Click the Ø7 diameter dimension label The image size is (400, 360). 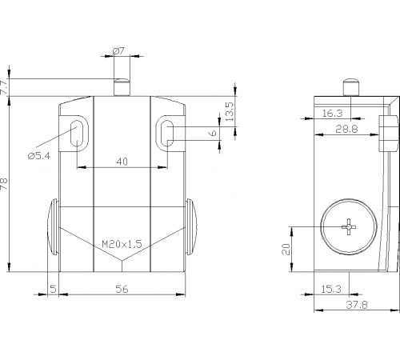[x=118, y=50]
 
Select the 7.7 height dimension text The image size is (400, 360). [x=5, y=86]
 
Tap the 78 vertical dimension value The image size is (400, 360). [x=4, y=184]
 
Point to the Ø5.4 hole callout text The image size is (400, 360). [x=39, y=155]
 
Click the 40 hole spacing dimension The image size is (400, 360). [x=122, y=162]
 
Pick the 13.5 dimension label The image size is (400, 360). [x=230, y=111]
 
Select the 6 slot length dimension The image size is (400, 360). [x=214, y=133]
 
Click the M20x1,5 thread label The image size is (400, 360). [x=122, y=244]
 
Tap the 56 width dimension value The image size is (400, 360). [x=122, y=289]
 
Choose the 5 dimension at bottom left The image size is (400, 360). [x=54, y=289]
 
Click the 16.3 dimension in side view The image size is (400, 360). [x=332, y=114]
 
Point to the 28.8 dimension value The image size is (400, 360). [x=346, y=129]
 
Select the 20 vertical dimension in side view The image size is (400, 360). [x=286, y=249]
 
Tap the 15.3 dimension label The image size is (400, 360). [x=331, y=289]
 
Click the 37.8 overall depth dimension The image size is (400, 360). [x=357, y=305]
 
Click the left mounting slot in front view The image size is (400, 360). [x=77, y=133]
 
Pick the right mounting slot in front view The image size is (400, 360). [x=167, y=133]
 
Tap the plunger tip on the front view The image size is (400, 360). [x=122, y=81]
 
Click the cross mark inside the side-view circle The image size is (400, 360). [x=349, y=226]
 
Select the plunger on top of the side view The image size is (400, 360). [x=351, y=87]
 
